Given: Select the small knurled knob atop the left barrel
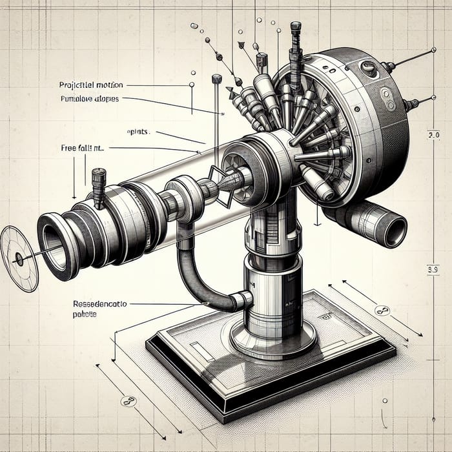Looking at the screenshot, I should click(x=99, y=181).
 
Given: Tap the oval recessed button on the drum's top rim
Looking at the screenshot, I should click(x=368, y=67).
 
